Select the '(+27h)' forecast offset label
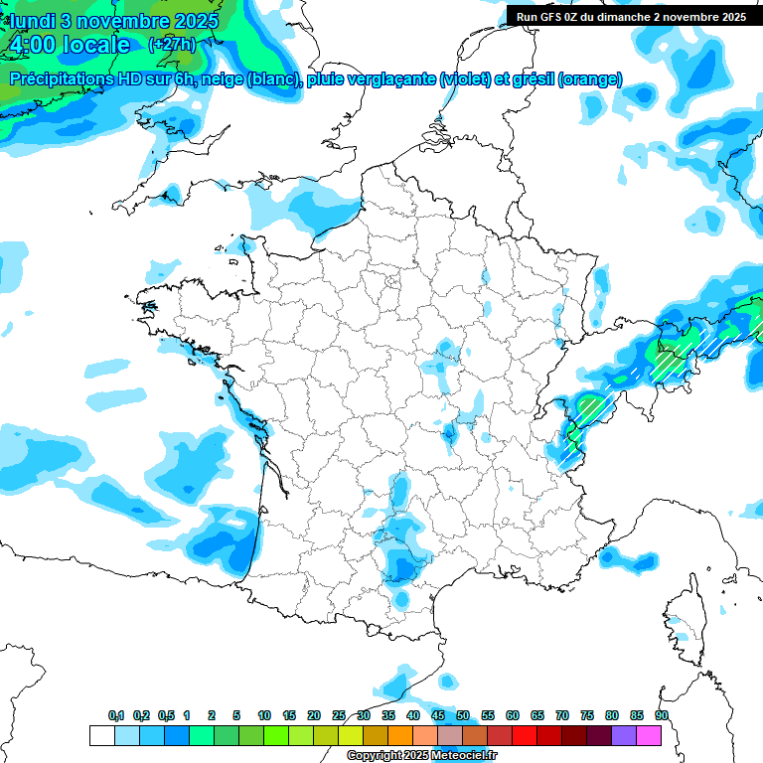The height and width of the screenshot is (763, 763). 172,45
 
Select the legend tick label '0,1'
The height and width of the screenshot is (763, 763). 115,715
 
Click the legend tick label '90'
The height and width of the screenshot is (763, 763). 662,715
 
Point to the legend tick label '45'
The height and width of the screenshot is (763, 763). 438,715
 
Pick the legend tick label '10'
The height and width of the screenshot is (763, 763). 264,715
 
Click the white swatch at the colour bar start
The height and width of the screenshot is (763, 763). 101,735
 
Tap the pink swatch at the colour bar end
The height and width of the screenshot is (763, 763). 649,735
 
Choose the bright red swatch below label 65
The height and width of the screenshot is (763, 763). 525,735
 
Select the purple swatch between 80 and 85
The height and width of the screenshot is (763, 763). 624,735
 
